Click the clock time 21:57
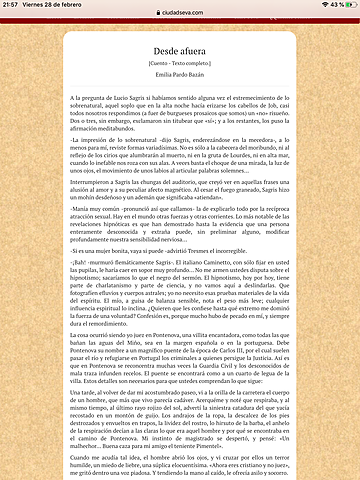[13, 5]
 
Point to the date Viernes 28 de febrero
[61, 5]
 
